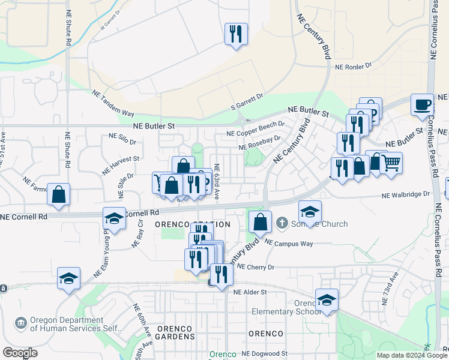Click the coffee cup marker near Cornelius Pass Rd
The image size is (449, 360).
click(x=422, y=104)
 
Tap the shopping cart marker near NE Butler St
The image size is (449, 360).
click(x=391, y=162)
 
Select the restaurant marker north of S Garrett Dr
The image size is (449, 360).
click(x=236, y=34)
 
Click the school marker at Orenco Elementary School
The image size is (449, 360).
click(x=327, y=299)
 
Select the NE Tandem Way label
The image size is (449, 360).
click(x=113, y=103)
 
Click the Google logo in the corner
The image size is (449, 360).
click(x=20, y=353)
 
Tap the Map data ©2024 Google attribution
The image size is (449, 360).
click(x=411, y=355)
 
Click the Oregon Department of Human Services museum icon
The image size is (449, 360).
click(x=21, y=324)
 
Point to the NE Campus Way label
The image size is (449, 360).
click(x=289, y=244)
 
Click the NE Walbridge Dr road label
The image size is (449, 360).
click(x=406, y=194)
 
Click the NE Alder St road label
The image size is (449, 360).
click(x=249, y=292)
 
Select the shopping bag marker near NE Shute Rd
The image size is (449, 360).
click(x=58, y=194)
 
